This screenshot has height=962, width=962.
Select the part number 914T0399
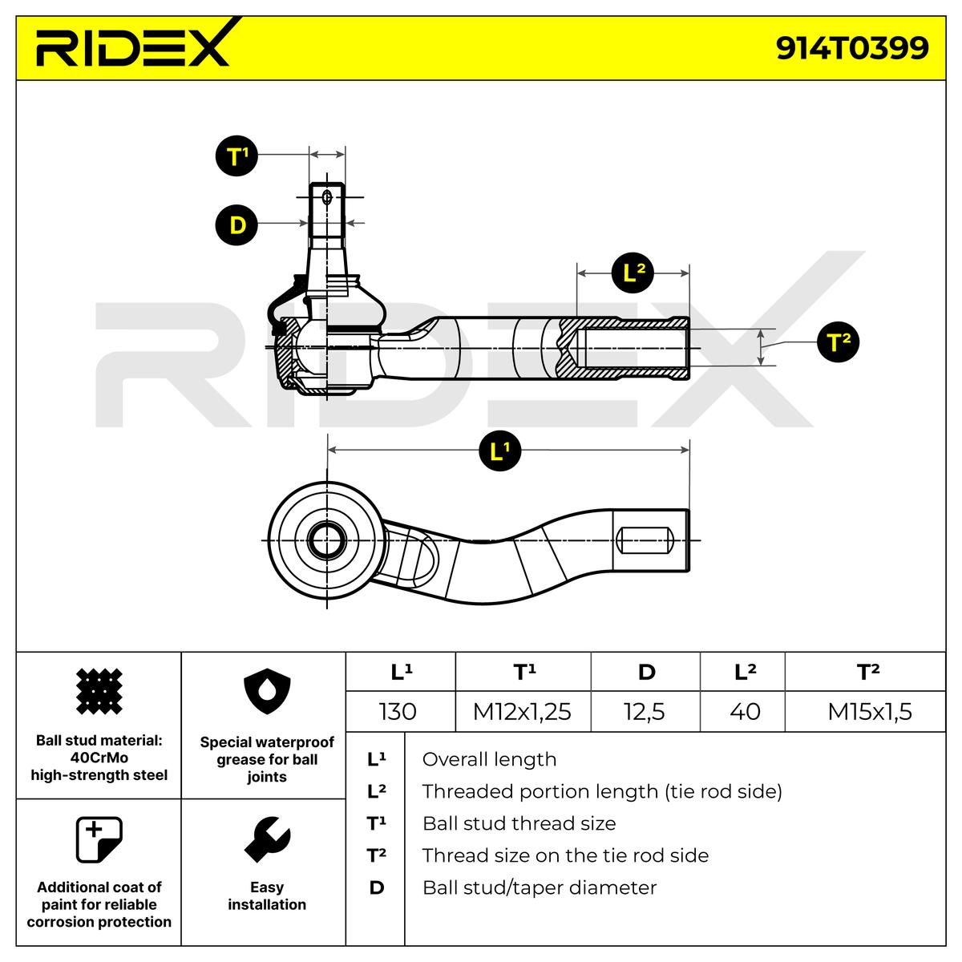[851, 48]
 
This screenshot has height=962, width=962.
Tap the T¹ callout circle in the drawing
[236, 156]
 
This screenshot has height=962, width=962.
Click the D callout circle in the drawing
[236, 224]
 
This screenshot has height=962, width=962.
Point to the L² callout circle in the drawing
[633, 273]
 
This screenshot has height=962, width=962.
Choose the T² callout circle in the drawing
[839, 342]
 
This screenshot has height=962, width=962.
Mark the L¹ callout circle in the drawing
[500, 451]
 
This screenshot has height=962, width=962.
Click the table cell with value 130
[398, 711]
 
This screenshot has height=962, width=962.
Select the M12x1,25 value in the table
[522, 711]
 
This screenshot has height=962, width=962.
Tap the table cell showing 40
[745, 711]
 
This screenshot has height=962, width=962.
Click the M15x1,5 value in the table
[869, 711]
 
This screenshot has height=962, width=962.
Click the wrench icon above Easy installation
[266, 839]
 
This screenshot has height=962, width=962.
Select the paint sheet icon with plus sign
[99, 839]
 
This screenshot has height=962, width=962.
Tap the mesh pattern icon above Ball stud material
[99, 691]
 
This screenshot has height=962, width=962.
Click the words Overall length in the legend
[489, 759]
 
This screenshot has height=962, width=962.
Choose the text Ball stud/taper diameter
[539, 887]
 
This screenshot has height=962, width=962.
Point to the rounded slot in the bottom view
[642, 539]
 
